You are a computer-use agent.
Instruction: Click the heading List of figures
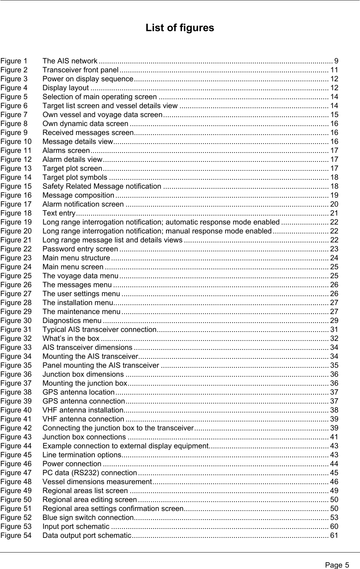point(180,28)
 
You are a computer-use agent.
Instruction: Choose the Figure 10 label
point(16,141)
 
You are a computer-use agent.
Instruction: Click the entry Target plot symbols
point(75,177)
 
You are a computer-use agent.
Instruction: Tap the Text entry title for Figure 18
point(58,213)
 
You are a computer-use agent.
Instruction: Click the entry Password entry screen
point(80,249)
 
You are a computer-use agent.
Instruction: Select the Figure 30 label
point(16,320)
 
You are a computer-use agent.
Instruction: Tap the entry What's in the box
point(71,338)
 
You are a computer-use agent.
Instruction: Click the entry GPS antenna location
point(78,392)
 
